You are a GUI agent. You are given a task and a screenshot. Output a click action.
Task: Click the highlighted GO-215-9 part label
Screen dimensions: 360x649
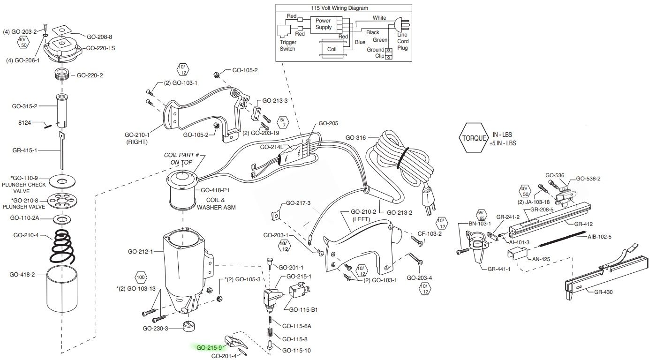(209, 348)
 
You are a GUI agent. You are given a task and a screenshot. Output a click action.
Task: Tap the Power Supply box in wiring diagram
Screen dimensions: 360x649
(323, 24)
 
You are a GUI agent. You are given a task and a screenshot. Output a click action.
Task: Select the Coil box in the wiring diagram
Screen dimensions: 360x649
(332, 49)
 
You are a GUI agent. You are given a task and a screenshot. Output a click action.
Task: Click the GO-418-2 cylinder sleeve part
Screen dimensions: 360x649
(62, 290)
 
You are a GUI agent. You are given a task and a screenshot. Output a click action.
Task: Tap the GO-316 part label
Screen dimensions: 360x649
(355, 138)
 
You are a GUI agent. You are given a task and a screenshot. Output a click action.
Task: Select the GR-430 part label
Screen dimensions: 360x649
(603, 292)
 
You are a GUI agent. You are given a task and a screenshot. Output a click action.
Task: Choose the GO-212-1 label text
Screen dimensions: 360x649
(141, 252)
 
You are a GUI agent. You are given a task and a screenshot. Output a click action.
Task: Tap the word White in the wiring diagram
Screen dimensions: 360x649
(379, 18)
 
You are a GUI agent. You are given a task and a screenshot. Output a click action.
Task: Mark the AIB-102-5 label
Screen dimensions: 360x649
(600, 237)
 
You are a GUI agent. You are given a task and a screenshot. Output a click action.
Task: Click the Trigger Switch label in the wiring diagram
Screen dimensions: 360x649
(288, 45)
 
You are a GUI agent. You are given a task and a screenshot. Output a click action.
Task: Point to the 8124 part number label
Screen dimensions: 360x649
(23, 124)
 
